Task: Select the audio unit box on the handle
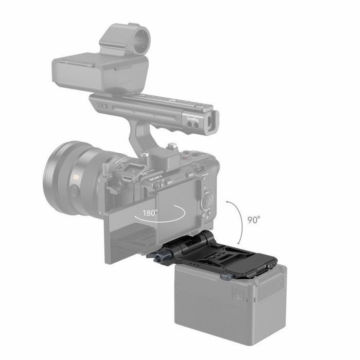tap(100, 72)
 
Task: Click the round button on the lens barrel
tap(76, 191)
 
